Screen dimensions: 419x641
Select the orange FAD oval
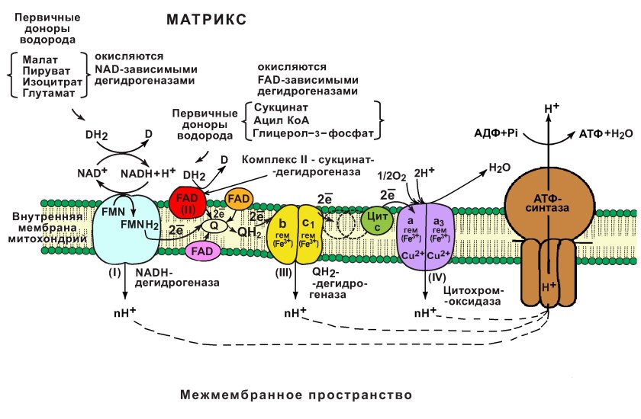tap(239, 199)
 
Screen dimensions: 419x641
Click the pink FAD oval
tap(202, 250)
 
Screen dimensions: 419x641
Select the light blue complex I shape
tap(122, 229)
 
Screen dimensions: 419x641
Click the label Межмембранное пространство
tap(297, 395)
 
